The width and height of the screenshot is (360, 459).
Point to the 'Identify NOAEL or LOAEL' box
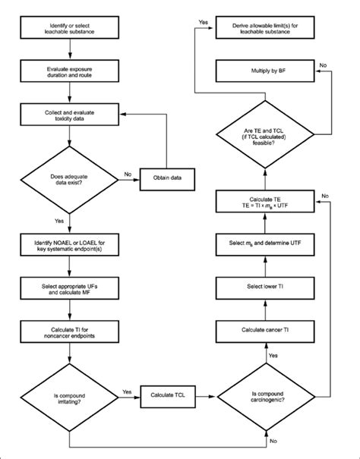[x=69, y=245]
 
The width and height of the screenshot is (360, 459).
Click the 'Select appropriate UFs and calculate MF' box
[x=69, y=289]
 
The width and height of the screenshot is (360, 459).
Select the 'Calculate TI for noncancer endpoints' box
[x=69, y=332]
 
